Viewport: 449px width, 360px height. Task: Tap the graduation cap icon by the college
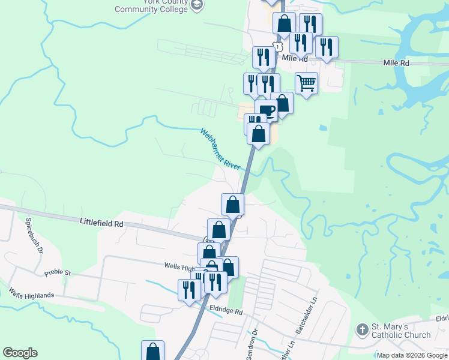coord(197,5)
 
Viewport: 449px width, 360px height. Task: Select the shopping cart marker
coord(306,82)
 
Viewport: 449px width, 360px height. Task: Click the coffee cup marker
coord(267,110)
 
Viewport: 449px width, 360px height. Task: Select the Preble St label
coord(58,273)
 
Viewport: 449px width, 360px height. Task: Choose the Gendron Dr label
coord(255,339)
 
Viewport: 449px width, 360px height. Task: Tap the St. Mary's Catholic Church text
coord(401,331)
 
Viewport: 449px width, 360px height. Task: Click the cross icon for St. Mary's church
coord(362,329)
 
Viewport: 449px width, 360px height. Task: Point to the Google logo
coord(20,353)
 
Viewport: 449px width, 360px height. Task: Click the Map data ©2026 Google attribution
coord(412,355)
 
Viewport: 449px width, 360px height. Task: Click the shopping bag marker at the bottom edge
coord(152,351)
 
